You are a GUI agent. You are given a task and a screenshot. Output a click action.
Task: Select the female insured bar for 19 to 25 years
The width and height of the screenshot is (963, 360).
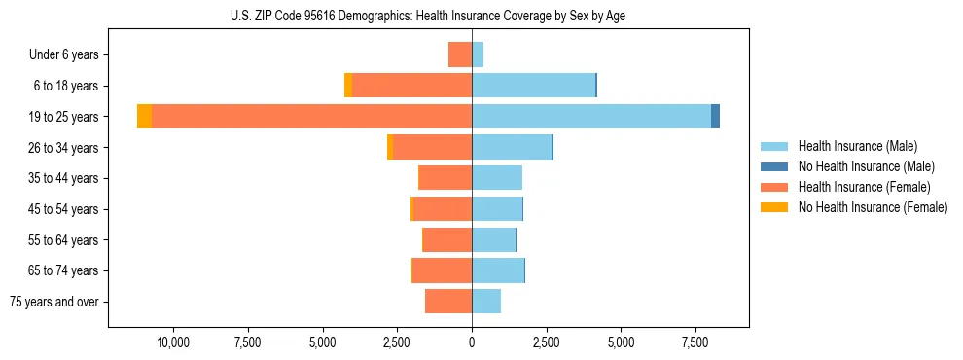click(x=311, y=117)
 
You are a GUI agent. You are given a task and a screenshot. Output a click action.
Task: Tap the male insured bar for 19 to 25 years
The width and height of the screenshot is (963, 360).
click(x=591, y=117)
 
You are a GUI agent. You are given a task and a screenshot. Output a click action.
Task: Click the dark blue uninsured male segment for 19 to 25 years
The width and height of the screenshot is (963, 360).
click(x=715, y=117)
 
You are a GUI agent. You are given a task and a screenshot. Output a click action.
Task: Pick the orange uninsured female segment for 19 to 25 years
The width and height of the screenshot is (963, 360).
click(x=144, y=117)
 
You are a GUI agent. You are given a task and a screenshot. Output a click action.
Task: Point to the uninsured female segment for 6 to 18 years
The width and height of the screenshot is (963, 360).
click(x=348, y=86)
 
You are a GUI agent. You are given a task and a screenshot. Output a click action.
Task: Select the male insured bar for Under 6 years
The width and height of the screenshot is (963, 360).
click(x=478, y=54)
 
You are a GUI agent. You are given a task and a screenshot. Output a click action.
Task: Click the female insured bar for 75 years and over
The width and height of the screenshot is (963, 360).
click(x=448, y=302)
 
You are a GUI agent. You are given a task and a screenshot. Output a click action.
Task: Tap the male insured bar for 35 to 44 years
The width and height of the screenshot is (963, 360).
click(x=497, y=178)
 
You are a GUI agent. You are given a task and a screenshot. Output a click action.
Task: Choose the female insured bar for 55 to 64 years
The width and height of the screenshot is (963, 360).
click(x=447, y=239)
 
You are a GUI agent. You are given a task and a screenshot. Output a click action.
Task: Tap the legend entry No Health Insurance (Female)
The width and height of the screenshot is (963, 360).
click(x=873, y=207)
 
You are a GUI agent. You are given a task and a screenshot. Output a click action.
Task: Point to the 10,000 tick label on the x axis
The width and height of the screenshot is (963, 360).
click(x=173, y=342)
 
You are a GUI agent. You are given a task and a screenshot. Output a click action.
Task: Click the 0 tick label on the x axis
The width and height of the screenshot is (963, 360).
click(x=472, y=342)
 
